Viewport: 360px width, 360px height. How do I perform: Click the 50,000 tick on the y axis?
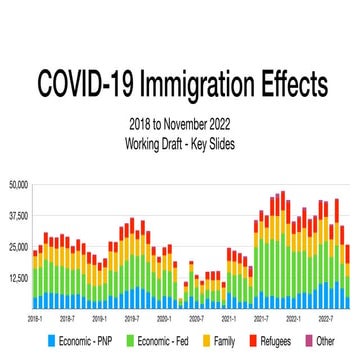tap(19, 185)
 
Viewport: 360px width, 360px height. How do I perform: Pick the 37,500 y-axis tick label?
tap(19, 216)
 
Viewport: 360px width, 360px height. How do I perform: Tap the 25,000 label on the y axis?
tap(19, 247)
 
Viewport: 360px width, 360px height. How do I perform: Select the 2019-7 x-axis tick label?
tap(133, 318)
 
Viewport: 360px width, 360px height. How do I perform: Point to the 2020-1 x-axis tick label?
tap(165, 318)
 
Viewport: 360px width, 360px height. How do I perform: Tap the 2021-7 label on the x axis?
tap(262, 318)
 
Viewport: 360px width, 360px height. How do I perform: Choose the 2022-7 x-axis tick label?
tap(326, 318)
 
